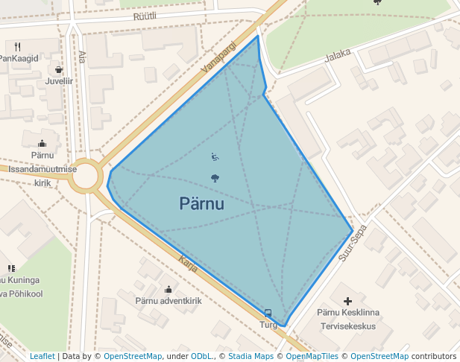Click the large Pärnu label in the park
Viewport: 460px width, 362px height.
(202, 203)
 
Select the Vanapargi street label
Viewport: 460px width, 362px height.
(218, 57)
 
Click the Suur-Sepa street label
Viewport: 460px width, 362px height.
(353, 244)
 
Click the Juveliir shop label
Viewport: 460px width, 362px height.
(59, 81)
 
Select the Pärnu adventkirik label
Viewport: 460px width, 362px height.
(168, 302)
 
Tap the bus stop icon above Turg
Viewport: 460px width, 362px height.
(268, 313)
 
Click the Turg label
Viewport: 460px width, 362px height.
(268, 325)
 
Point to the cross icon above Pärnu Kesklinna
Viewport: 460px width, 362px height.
(347, 301)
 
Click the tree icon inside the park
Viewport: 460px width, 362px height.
(215, 178)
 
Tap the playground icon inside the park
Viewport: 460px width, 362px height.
(215, 157)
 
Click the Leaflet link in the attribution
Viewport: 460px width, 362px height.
(42, 356)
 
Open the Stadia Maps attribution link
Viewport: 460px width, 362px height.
(251, 356)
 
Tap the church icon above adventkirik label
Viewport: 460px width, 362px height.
(168, 289)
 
